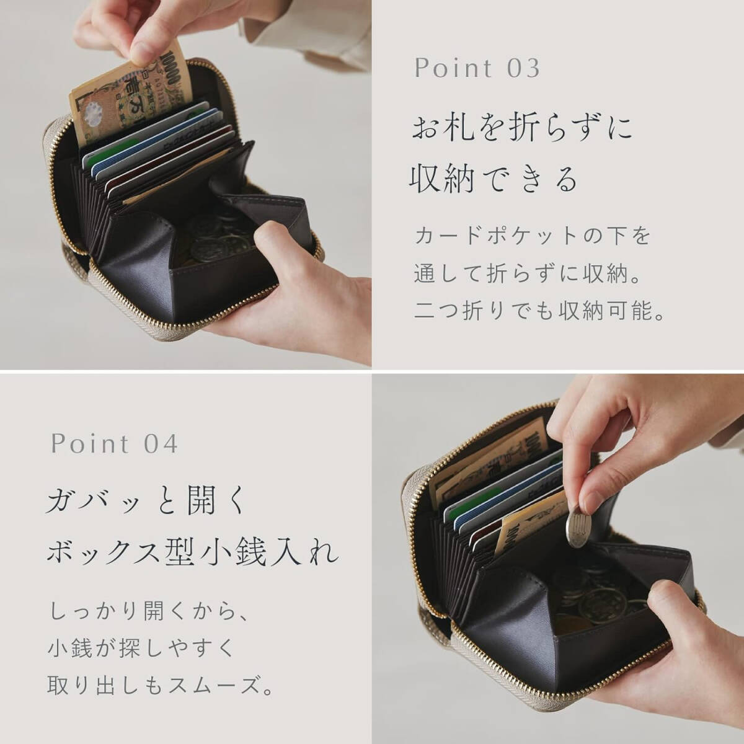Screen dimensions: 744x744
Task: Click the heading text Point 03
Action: point(477,68)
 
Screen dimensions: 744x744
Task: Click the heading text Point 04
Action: point(115,443)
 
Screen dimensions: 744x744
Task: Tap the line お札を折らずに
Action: point(522,128)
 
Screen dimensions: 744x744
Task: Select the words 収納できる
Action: point(493,179)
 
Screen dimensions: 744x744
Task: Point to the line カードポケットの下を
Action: point(532,236)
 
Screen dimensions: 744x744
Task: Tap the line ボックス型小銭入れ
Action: point(192,551)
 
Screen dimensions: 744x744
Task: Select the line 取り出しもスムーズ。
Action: point(160,687)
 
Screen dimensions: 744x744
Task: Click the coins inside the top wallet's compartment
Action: point(214,239)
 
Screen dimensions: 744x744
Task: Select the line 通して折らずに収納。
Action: point(527,273)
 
